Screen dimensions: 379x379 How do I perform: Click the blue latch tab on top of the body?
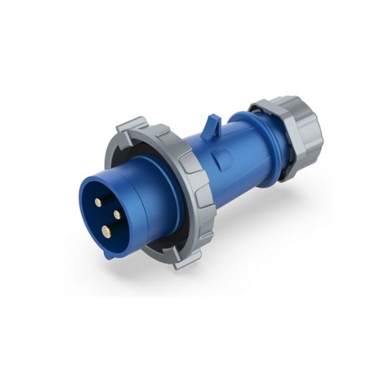pos(213,124)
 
